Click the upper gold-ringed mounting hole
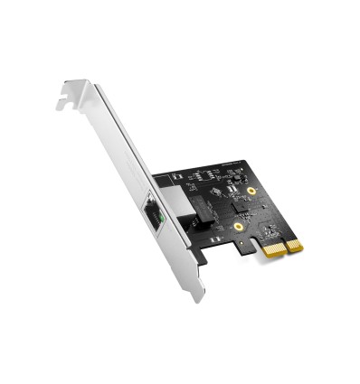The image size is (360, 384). pos(251,191)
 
